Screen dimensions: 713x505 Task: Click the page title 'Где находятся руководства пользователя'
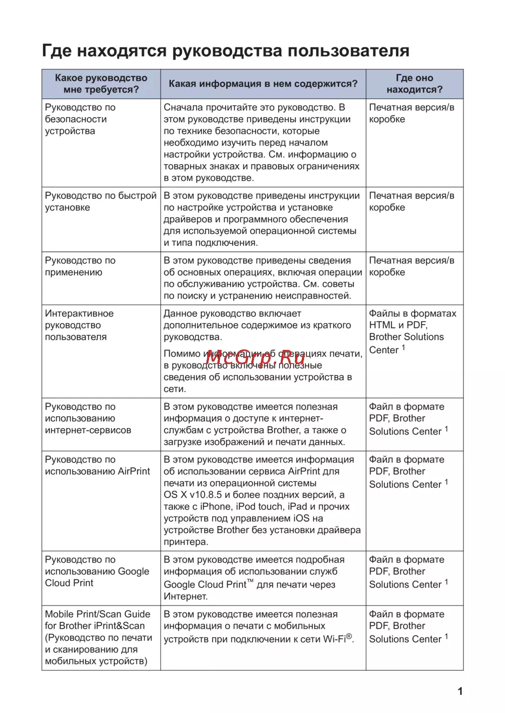225,51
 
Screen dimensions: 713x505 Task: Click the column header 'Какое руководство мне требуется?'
101,84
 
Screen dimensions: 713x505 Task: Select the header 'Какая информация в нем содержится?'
263,84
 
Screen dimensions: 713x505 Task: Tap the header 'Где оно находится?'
414,84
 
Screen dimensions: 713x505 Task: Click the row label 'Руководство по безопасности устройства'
80,119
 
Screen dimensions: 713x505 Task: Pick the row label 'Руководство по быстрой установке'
100,201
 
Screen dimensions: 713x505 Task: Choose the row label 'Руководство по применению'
80,266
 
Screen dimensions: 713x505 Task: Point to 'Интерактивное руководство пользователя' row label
79,325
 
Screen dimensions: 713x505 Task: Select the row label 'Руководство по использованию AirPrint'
97,466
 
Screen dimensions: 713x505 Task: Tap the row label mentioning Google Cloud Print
97,571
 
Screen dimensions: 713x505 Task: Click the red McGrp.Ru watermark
255,358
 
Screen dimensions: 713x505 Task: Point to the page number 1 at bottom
460,691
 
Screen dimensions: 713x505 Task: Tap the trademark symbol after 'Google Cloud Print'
250,582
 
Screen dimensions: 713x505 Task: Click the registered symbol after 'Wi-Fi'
349,636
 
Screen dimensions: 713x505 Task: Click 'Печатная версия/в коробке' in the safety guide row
411,113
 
